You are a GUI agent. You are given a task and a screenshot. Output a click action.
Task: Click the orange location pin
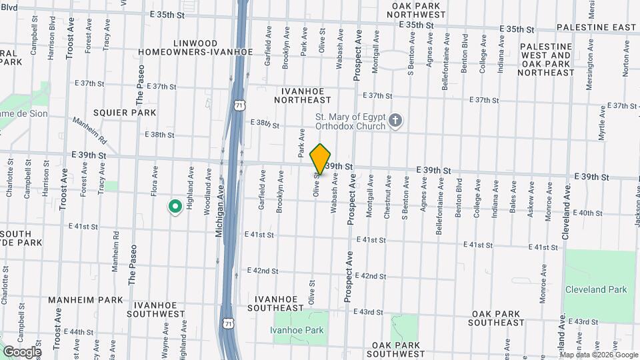click(x=321, y=159)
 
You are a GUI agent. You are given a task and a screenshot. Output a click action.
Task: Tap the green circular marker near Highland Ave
click(x=175, y=207)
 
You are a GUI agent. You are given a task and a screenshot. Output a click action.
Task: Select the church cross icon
click(x=395, y=121)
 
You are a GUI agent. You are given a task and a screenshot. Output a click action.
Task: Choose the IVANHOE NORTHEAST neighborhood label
click(x=302, y=94)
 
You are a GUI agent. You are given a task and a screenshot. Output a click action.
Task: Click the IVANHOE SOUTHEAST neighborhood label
click(x=276, y=303)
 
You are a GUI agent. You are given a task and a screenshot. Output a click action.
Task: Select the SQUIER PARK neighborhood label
click(x=125, y=113)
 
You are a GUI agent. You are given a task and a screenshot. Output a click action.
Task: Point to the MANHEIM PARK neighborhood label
click(x=85, y=300)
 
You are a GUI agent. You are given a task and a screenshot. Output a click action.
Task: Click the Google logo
click(x=22, y=352)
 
